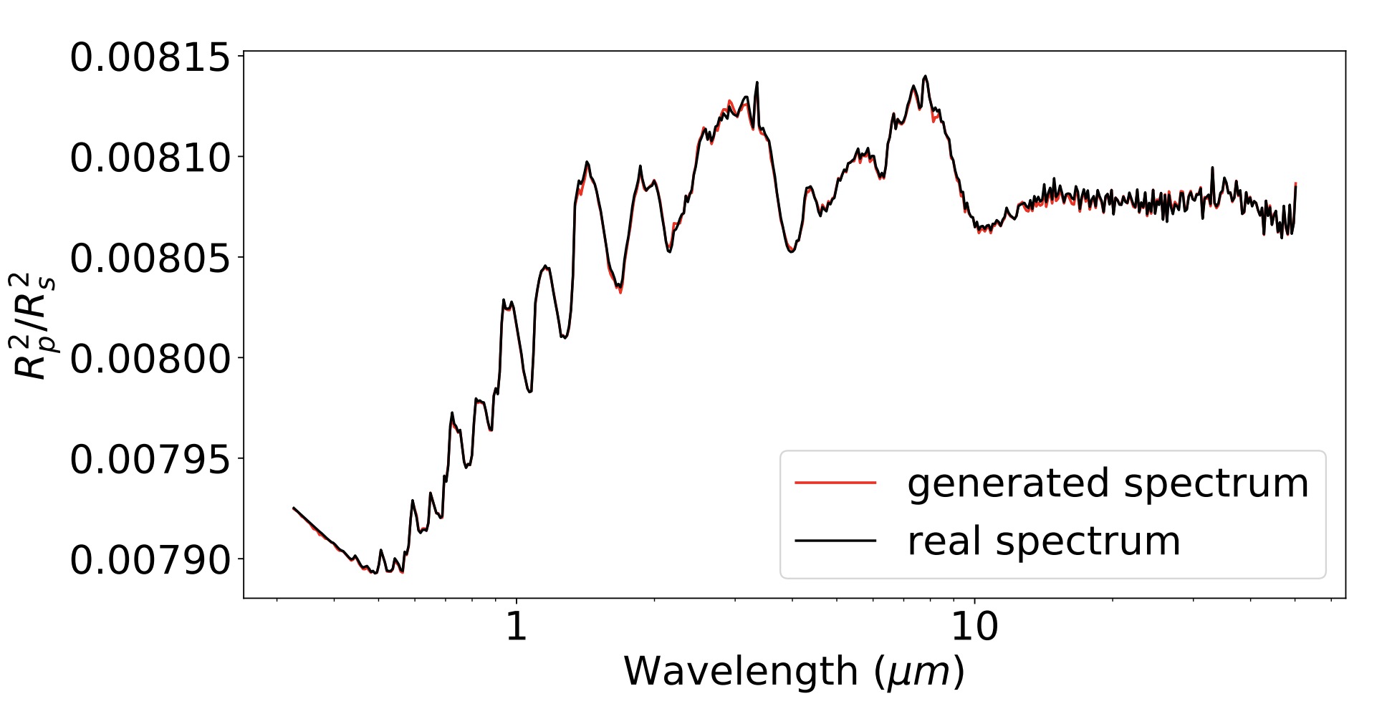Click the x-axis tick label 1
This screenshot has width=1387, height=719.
[516, 627]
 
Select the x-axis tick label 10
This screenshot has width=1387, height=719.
[974, 627]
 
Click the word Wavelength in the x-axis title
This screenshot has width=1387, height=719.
[741, 672]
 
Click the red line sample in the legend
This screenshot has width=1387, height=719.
[835, 483]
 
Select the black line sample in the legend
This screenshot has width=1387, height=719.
[835, 541]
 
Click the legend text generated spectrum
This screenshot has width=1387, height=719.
[1108, 483]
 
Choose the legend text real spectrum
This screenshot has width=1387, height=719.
[1043, 541]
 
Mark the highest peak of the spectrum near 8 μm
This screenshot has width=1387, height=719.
[926, 76]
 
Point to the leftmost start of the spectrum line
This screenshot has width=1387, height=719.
[293, 508]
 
